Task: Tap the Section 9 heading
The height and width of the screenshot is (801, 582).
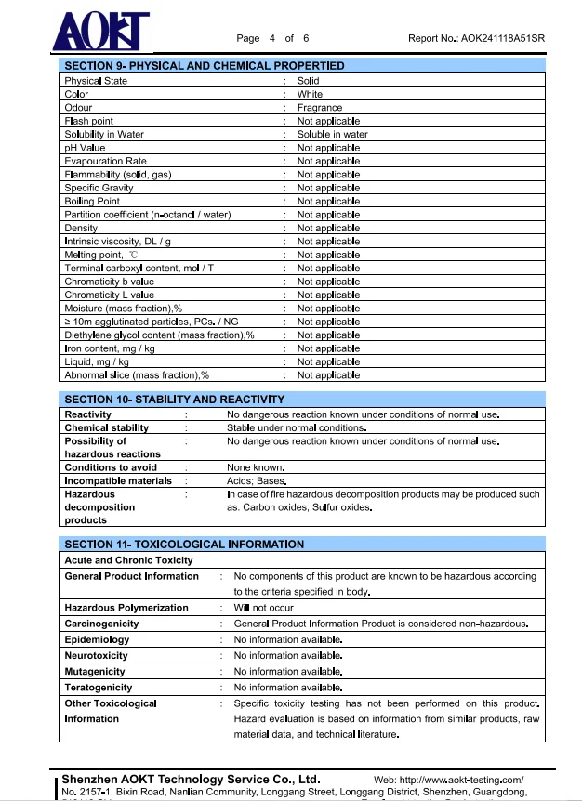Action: (204, 66)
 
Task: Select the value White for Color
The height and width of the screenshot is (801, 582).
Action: (310, 94)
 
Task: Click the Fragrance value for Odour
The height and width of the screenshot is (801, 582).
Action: (320, 108)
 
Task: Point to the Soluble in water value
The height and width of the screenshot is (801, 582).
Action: (332, 134)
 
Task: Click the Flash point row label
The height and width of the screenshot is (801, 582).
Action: (88, 121)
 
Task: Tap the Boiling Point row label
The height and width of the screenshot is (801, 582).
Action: (92, 201)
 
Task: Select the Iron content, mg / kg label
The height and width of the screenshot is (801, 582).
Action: (110, 348)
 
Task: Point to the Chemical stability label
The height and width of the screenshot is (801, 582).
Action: (106, 427)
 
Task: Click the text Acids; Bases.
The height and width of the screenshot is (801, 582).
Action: (257, 481)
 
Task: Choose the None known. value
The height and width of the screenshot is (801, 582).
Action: (256, 467)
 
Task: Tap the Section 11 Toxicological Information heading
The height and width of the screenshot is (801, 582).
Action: (184, 544)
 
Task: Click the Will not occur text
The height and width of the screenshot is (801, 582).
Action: (263, 608)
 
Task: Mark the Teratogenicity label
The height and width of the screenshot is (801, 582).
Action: (98, 688)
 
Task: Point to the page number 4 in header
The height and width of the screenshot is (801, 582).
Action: (272, 38)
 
